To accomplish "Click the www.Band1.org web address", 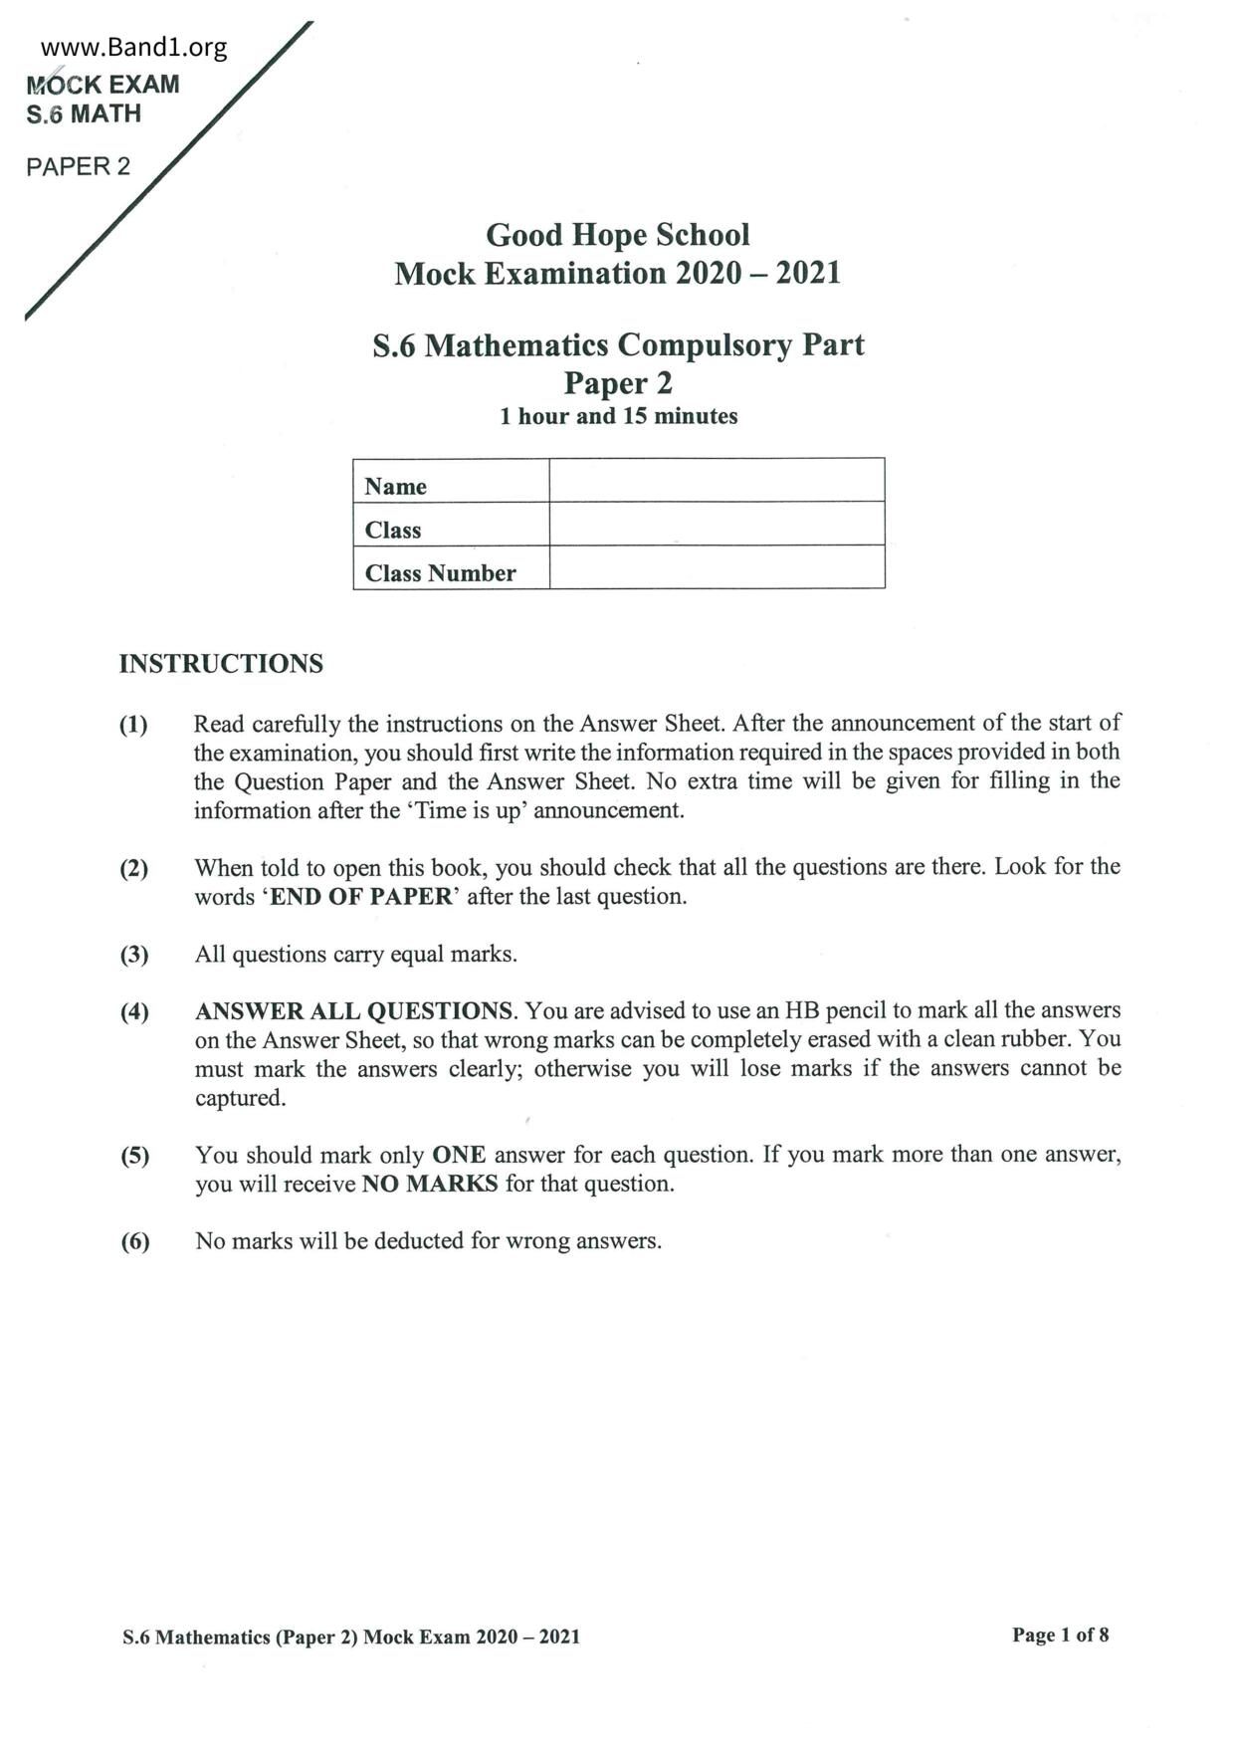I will (133, 47).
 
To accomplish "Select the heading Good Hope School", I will (617, 235).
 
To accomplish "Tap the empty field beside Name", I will (717, 481).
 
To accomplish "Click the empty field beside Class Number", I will (717, 567).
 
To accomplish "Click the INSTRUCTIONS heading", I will (221, 664).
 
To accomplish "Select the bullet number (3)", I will (134, 955).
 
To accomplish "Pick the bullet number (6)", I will (135, 1241).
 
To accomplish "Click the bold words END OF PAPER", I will (361, 896).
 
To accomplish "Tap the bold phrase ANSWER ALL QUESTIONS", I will (354, 1011).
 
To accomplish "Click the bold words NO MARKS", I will (430, 1184).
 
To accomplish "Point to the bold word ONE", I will (459, 1155).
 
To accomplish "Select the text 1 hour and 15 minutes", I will (618, 416).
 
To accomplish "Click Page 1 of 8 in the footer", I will (1060, 1635).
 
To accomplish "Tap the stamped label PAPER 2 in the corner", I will (78, 166).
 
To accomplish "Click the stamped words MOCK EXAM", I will (103, 85).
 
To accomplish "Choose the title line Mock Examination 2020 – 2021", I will (617, 273).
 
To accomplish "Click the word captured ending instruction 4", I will (240, 1098).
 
